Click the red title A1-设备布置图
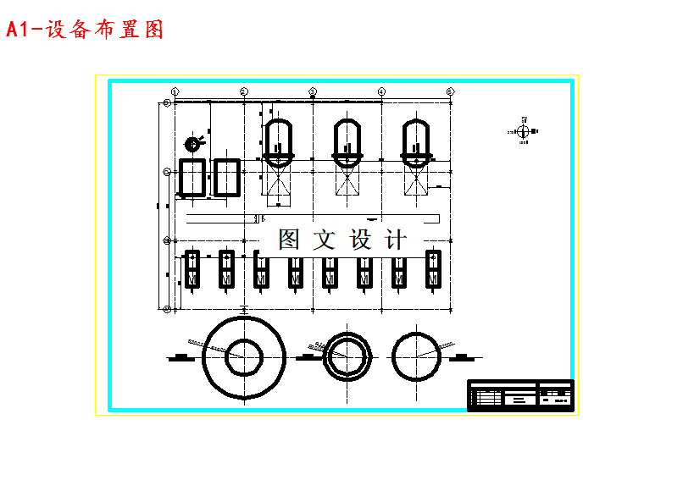pyautogui.click(x=85, y=30)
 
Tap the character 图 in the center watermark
pyautogui.click(x=289, y=240)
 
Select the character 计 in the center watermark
pyautogui.click(x=397, y=240)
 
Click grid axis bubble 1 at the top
pyautogui.click(x=175, y=91)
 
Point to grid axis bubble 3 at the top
pyautogui.click(x=313, y=91)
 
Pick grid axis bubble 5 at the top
pyautogui.click(x=450, y=91)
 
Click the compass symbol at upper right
pyautogui.click(x=523, y=131)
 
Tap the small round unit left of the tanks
pyautogui.click(x=194, y=143)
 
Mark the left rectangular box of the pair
pyautogui.click(x=192, y=178)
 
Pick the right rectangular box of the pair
pyautogui.click(x=226, y=178)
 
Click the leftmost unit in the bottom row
pyautogui.click(x=192, y=269)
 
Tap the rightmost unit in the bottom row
pyautogui.click(x=433, y=269)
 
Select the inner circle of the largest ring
pyautogui.click(x=244, y=357)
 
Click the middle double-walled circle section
pyautogui.click(x=347, y=356)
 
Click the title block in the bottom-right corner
pyautogui.click(x=520, y=395)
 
